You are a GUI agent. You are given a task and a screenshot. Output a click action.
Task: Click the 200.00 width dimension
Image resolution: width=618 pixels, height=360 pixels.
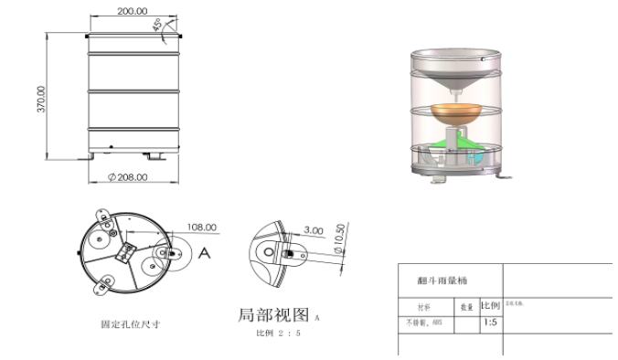point(133,11)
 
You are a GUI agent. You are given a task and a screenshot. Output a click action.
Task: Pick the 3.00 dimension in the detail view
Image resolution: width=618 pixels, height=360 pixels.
point(314,231)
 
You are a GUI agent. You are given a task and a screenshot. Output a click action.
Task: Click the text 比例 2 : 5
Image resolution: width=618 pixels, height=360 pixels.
point(278,334)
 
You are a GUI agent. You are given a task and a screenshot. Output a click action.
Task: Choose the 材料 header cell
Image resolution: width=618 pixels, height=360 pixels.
point(423,307)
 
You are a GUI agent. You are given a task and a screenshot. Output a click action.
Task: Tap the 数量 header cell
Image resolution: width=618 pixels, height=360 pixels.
point(466,307)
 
